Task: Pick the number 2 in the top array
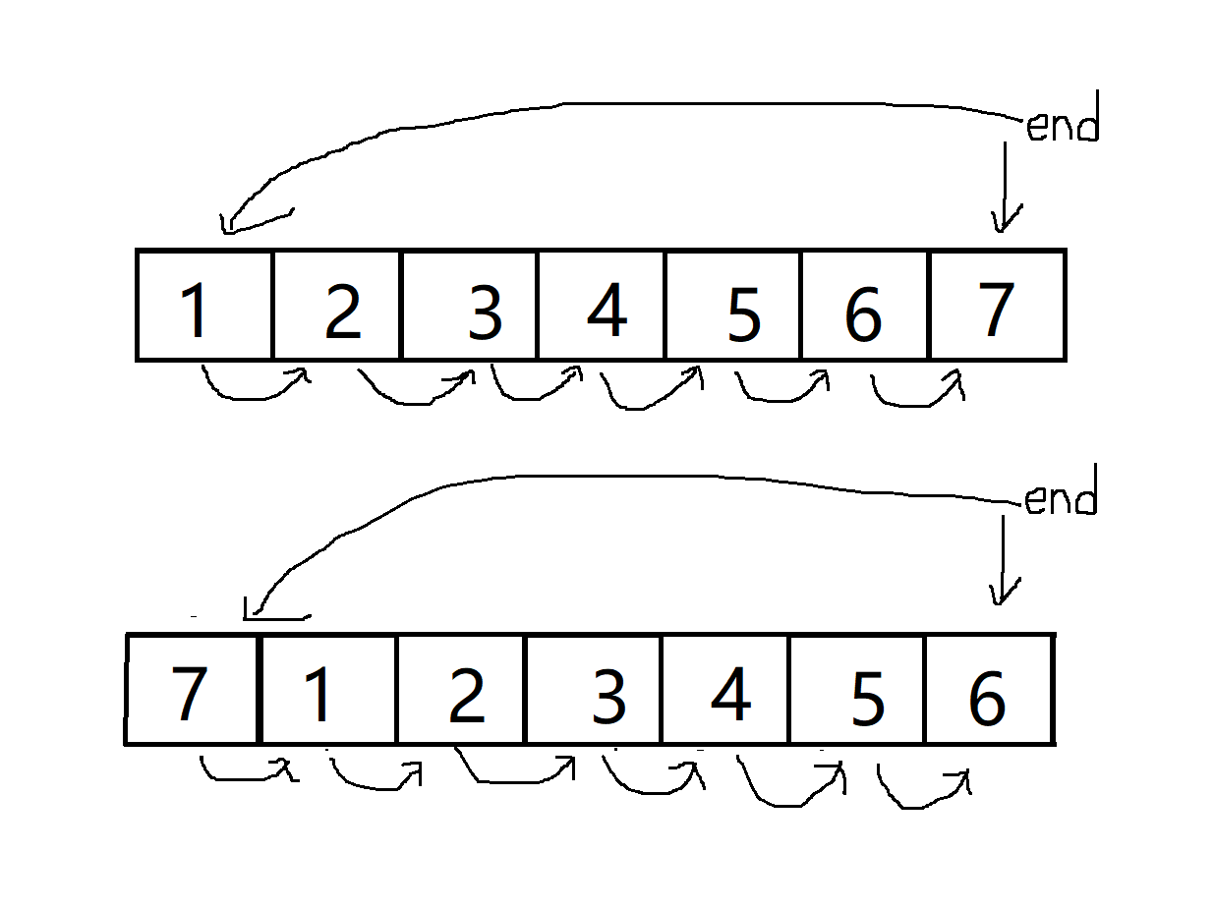point(342,312)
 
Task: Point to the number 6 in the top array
point(862,313)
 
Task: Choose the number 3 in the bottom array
point(608,695)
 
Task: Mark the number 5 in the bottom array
point(866,698)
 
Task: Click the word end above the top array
point(1061,128)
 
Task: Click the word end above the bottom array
point(1059,500)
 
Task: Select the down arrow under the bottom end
point(1003,560)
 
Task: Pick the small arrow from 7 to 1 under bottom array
point(246,771)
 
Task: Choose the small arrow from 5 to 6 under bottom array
point(922,788)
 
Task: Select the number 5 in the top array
point(744,313)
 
